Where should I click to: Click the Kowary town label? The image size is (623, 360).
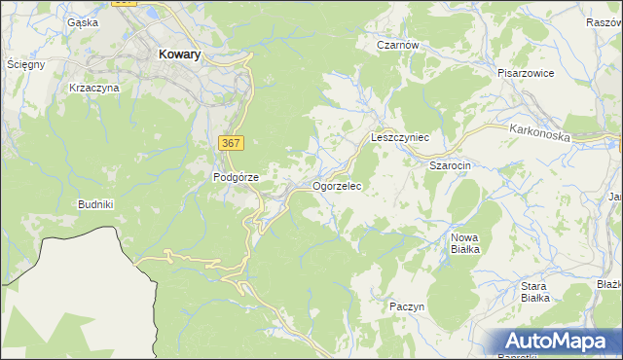tap(179, 55)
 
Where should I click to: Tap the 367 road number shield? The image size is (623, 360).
tap(231, 143)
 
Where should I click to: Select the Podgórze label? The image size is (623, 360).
tap(236, 177)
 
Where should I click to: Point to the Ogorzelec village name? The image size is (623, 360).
tap(338, 185)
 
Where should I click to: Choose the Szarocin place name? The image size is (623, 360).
tap(451, 165)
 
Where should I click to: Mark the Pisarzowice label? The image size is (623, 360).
tap(526, 73)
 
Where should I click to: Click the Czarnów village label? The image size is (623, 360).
tap(398, 45)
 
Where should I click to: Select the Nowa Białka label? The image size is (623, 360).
tap(465, 243)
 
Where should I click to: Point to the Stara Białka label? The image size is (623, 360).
tap(534, 292)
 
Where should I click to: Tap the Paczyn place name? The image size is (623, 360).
tap(407, 306)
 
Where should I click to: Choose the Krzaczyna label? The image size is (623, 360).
tap(94, 88)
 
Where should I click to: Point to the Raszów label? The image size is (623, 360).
tap(604, 22)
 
